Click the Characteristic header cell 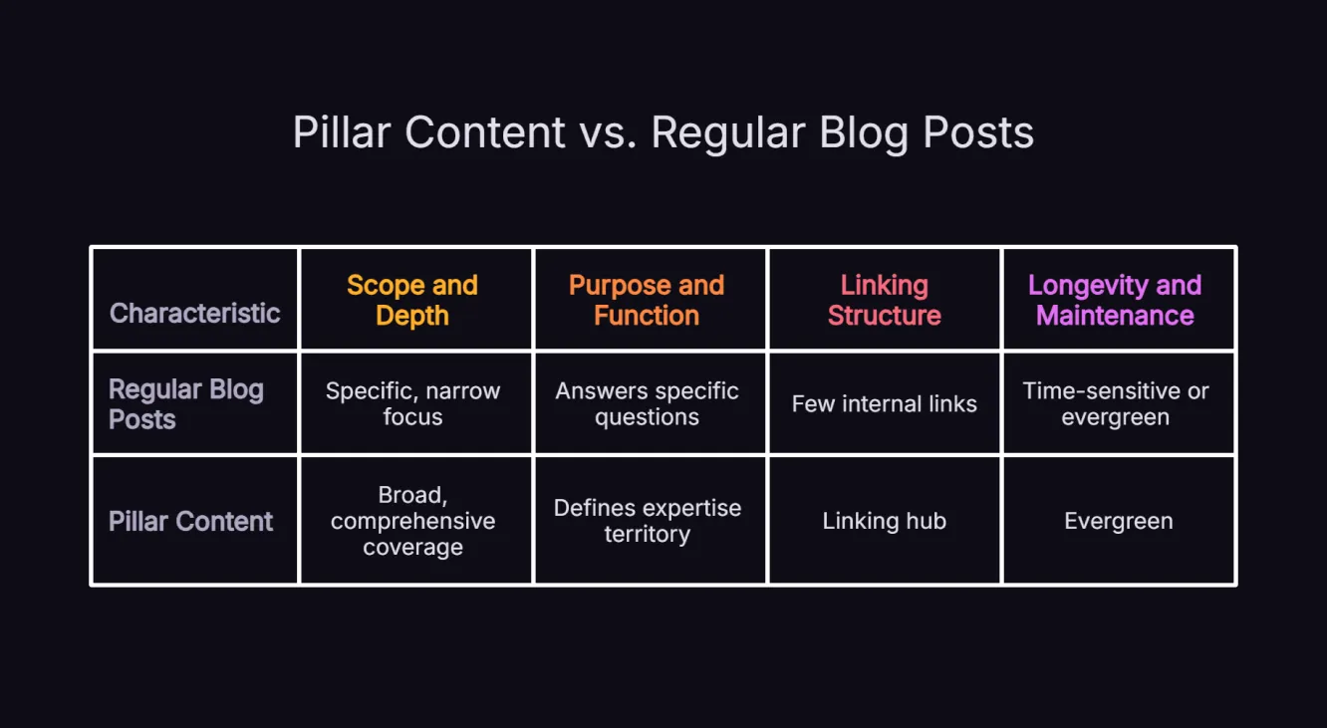pos(194,313)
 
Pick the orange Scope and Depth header pos(412,300)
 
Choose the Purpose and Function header pos(647,300)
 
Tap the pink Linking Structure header pos(884,300)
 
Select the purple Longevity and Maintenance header pos(1115,300)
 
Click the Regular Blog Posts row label pos(186,403)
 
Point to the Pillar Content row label pos(190,521)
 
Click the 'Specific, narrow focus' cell pos(412,403)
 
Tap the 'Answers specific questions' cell pos(647,403)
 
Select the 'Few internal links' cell pos(884,403)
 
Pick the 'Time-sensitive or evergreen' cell pos(1115,403)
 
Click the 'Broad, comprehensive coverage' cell pos(412,521)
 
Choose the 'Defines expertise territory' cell pos(647,521)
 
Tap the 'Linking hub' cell pos(884,521)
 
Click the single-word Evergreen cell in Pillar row pos(1118,521)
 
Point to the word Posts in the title pos(978,132)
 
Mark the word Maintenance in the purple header pos(1115,316)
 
